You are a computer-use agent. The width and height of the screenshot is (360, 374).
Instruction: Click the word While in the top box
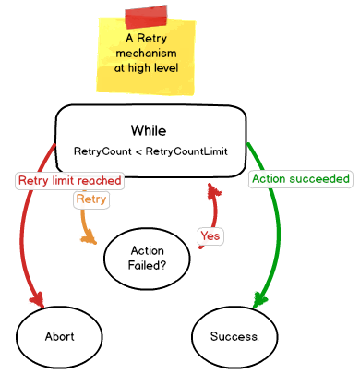(x=149, y=130)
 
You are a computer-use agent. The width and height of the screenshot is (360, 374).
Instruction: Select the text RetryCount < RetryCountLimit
(x=150, y=150)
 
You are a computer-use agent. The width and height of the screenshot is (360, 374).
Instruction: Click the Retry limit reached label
(x=69, y=180)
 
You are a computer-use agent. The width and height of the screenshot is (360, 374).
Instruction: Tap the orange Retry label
(x=90, y=199)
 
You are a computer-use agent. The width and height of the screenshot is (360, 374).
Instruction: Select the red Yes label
(x=210, y=235)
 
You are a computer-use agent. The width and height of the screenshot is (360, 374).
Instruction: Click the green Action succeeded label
(x=301, y=177)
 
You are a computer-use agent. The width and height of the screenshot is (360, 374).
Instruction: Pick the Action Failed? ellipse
(x=148, y=258)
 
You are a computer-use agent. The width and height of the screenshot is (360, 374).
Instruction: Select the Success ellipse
(x=234, y=336)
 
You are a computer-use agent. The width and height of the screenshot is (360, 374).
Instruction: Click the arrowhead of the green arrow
(x=262, y=299)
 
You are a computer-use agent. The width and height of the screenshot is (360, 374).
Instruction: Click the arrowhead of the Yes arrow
(x=213, y=190)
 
